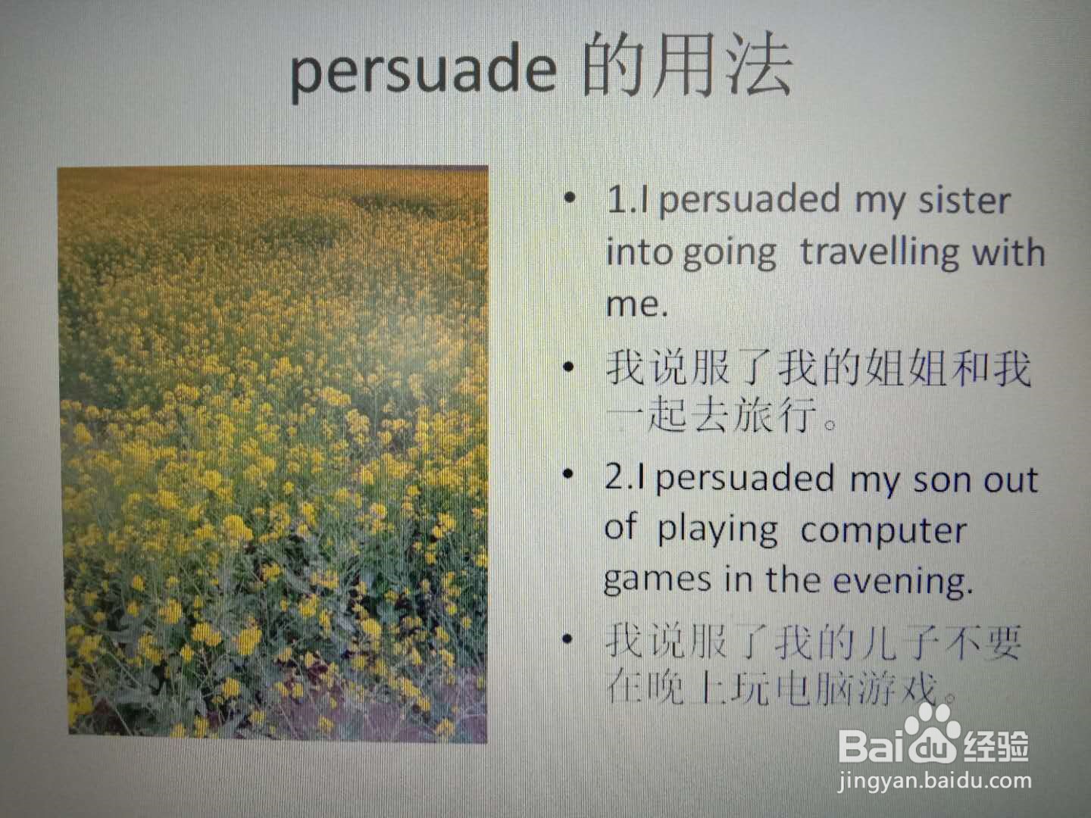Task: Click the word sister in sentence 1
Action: [964, 201]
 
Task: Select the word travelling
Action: [880, 253]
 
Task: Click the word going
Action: [730, 255]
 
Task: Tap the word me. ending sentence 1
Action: [636, 304]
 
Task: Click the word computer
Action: [883, 532]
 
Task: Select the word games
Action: [657, 581]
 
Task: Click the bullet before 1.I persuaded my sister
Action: [570, 198]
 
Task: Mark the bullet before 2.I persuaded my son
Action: [567, 473]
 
